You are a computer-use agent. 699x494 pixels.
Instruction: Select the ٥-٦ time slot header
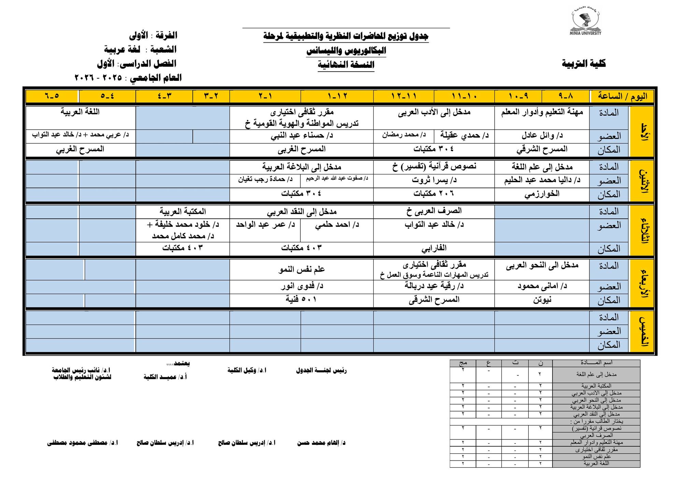tap(52, 96)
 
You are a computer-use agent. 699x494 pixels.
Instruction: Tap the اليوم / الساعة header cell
tap(622, 96)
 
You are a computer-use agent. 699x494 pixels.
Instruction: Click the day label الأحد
tap(642, 131)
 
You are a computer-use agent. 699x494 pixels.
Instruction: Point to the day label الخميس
tap(642, 332)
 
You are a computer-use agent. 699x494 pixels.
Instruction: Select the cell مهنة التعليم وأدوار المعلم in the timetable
tap(542, 112)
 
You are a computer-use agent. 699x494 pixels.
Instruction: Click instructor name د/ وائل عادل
tap(542, 136)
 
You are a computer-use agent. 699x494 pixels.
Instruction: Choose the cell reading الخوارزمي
tap(542, 194)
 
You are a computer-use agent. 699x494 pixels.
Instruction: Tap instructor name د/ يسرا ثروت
tap(434, 180)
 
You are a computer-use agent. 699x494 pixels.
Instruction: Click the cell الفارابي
tap(434, 248)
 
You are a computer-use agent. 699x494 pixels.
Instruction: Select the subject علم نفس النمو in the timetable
tap(301, 269)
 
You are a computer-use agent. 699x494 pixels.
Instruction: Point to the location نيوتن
tap(542, 300)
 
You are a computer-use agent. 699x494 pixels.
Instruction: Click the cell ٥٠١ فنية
tap(301, 299)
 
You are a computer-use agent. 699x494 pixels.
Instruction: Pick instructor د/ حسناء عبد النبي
tap(301, 136)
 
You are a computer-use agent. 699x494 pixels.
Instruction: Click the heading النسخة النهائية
tap(346, 64)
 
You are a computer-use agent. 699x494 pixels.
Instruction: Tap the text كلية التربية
tap(584, 63)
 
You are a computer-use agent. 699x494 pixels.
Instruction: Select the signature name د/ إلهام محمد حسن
tap(321, 443)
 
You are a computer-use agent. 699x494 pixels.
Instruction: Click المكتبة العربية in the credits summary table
tap(596, 386)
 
